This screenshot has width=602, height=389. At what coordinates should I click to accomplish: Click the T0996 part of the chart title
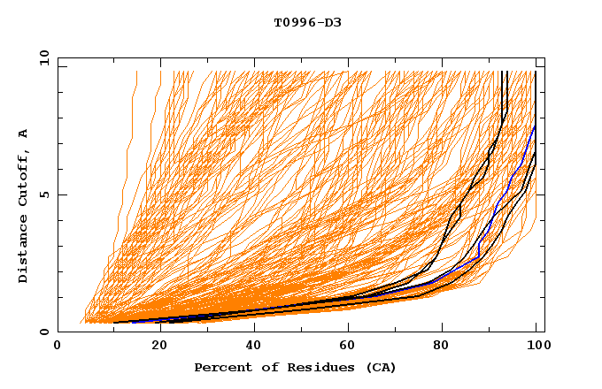(x=292, y=22)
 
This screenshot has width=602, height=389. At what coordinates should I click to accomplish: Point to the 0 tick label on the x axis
(x=58, y=347)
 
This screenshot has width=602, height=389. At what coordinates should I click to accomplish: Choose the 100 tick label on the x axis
(x=536, y=347)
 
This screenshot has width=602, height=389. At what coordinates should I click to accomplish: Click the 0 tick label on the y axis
(x=43, y=332)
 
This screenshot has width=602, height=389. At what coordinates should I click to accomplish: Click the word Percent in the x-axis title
(x=220, y=367)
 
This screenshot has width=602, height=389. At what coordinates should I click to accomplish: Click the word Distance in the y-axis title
(x=23, y=252)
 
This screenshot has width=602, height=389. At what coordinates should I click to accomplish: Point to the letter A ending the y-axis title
(x=23, y=133)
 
